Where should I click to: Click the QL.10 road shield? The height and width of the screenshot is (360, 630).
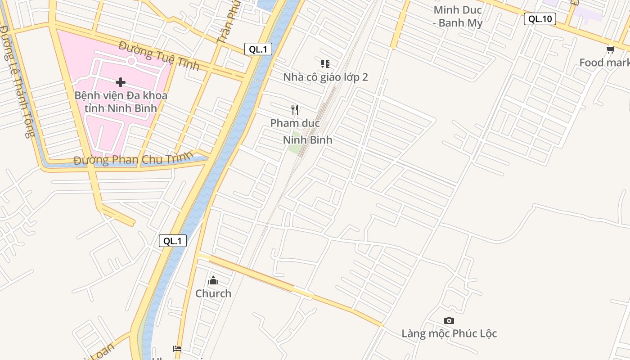pos(540,19)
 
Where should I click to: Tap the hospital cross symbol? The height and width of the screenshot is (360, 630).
pos(121,82)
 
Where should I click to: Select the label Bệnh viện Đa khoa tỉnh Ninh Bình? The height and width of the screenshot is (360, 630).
pos(121,102)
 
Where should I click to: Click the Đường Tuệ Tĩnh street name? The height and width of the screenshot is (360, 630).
pos(159,55)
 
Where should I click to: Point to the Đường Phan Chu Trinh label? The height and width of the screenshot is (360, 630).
pos(133,158)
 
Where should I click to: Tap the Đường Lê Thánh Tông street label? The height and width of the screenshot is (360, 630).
pos(17,81)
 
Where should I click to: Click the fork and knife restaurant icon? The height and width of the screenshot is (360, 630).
pos(295,109)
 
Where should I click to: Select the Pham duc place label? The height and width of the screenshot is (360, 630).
pos(295,123)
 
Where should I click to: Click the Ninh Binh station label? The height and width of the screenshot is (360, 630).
pos(308,140)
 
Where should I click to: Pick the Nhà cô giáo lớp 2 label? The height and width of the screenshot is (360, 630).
pos(325,77)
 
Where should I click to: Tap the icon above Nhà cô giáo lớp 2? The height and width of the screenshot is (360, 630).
pos(325,63)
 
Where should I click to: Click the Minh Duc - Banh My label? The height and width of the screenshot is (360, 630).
pos(458,16)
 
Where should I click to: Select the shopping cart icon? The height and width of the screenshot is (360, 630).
pos(610,49)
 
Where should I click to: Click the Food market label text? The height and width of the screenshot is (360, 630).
pos(604,63)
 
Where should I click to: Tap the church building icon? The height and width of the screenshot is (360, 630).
pos(213,281)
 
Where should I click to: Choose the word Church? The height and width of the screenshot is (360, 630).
pos(213,293)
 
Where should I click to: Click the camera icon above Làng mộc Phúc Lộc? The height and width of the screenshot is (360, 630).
pos(449,320)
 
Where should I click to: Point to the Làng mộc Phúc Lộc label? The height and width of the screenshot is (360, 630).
pos(449,333)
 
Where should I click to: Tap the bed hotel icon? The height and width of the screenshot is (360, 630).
pos(177,349)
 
